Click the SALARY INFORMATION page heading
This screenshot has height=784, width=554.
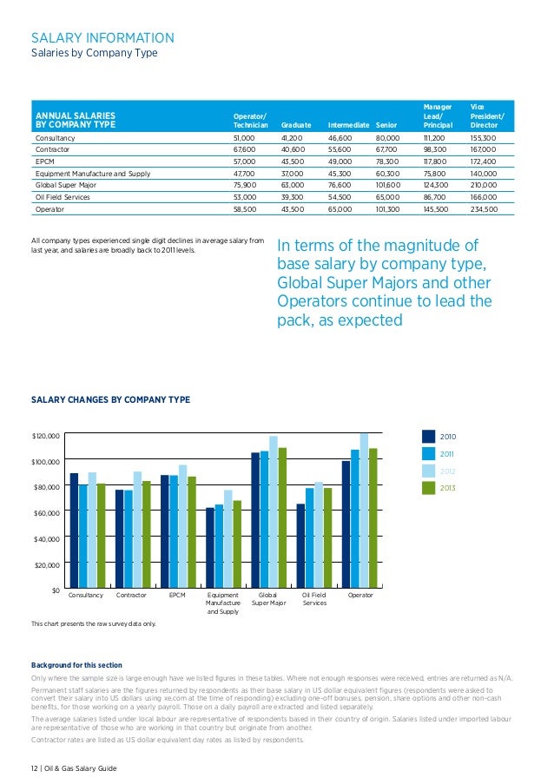pos(102,37)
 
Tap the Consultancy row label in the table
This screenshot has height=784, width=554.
pos(55,138)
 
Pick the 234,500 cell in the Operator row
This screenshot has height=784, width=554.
pos(483,209)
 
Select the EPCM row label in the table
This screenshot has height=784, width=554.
pos(43,161)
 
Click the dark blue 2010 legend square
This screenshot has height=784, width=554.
pos(428,436)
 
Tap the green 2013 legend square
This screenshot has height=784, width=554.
pos(428,488)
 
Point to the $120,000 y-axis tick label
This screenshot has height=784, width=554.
pos(45,435)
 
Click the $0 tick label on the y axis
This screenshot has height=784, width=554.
pos(54,590)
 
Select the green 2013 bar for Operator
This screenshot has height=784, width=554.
pos(373,519)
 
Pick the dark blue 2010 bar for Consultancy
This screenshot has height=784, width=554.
pos(74,531)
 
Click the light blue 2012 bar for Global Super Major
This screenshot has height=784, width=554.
pos(274,513)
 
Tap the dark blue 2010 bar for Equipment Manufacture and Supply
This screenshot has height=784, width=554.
pos(209,549)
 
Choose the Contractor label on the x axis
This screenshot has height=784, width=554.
pos(131,596)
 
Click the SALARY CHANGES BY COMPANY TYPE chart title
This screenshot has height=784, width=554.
pos(110,399)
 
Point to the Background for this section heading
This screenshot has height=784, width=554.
pos(76,665)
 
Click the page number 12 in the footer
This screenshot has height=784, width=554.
pos(35,769)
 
